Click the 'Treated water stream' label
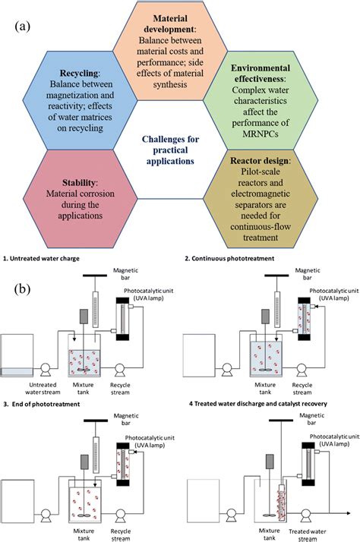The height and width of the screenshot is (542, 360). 307,535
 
